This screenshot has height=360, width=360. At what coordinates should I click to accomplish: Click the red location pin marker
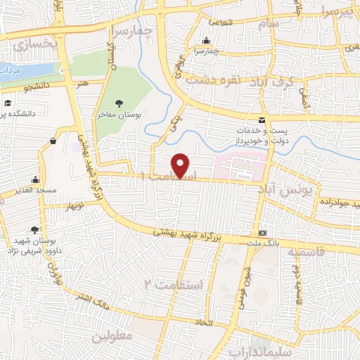point(181,165)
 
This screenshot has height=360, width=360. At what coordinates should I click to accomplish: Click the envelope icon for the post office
point(262,120)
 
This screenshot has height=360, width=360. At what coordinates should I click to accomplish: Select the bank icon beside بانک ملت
point(263,233)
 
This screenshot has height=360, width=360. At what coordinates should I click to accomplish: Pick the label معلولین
point(112,336)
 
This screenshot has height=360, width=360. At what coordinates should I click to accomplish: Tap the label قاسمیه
point(322,251)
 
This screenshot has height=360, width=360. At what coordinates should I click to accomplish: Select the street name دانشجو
point(38,89)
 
